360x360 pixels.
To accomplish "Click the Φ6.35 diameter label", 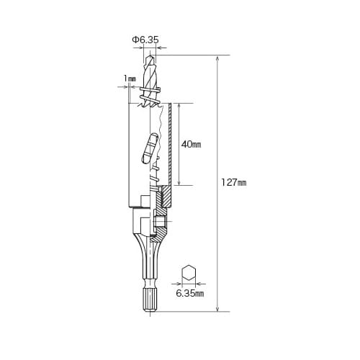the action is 145,40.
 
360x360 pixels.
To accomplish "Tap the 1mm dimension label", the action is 130,78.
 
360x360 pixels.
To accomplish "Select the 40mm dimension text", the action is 191,145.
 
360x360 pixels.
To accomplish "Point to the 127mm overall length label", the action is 233,183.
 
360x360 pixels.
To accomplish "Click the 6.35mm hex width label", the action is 190,293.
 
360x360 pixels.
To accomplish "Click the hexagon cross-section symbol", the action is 189,273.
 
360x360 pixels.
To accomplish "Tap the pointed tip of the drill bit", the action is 150,55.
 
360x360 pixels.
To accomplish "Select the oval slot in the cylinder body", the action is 149,149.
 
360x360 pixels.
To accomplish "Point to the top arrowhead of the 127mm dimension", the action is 217,58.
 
